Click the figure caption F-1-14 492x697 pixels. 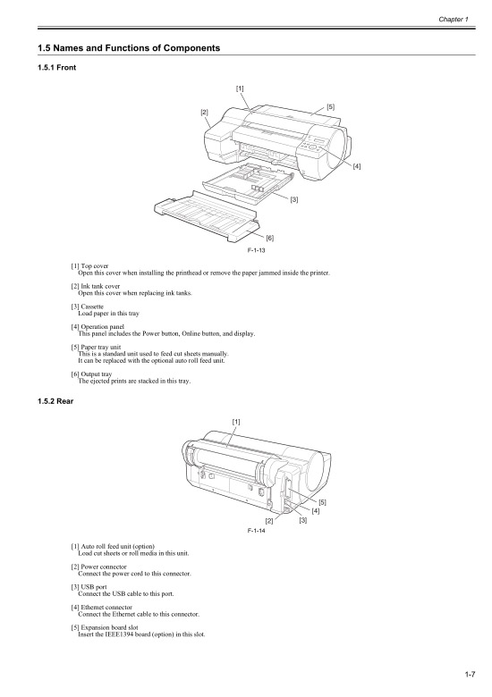click(258, 530)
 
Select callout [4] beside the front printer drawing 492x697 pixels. click(357, 166)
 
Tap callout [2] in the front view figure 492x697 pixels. click(204, 112)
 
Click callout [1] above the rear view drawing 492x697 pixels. click(236, 421)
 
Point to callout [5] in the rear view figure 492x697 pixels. click(322, 501)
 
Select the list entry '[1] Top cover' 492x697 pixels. click(89, 265)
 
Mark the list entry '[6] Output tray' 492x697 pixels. click(92, 375)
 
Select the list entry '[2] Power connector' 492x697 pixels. click(98, 565)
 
